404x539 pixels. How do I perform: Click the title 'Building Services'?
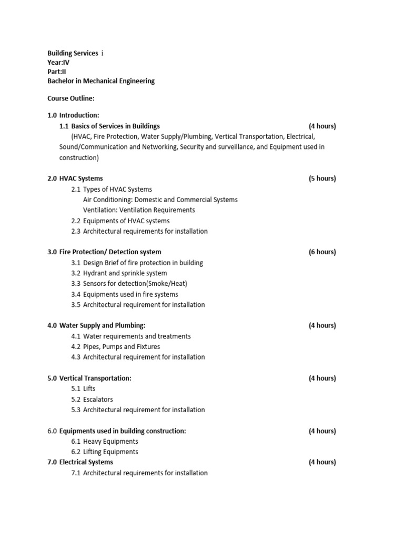(73, 53)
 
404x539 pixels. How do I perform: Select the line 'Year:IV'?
(58, 62)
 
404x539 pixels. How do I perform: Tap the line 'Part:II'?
(57, 72)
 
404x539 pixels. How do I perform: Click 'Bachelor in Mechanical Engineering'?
(101, 81)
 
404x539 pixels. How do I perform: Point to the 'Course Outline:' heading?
(71, 98)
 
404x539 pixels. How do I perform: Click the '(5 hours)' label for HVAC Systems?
(322, 178)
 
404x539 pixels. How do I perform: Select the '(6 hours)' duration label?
(322, 252)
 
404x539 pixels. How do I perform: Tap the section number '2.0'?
(52, 178)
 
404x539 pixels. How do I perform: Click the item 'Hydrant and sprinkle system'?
(125, 273)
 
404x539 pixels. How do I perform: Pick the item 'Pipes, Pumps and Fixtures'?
(122, 347)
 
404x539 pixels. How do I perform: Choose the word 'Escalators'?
(98, 400)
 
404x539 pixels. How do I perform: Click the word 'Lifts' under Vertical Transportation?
(89, 389)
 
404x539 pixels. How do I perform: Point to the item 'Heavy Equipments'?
(110, 442)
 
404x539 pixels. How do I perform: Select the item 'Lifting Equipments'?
(110, 452)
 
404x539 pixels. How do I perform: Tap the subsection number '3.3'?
(76, 284)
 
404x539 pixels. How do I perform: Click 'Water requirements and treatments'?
(137, 336)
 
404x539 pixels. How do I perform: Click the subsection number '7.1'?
(76, 473)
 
